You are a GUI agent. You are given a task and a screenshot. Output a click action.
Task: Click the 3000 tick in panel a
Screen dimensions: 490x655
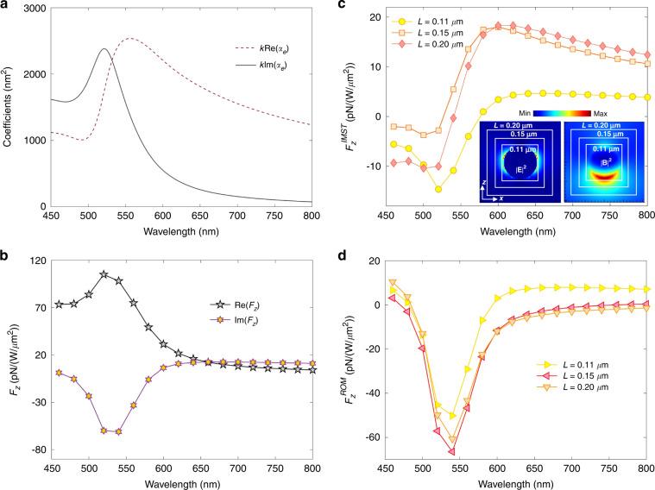coord(31,8)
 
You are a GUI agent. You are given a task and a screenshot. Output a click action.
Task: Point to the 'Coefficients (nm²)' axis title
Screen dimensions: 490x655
coord(8,106)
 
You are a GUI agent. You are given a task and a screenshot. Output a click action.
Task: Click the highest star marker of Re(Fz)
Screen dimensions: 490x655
coord(104,274)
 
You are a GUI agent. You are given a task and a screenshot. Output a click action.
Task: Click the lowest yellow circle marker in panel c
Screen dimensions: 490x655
coord(438,189)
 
